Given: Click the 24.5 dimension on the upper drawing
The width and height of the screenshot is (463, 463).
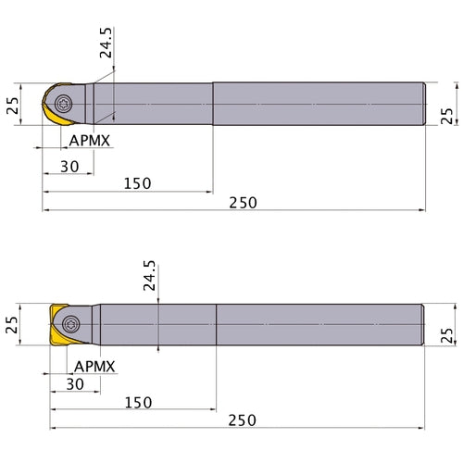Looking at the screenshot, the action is tap(106, 43).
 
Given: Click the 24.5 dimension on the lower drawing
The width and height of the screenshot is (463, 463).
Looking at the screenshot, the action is tap(150, 275).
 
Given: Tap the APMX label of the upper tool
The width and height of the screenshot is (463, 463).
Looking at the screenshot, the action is tap(90, 141).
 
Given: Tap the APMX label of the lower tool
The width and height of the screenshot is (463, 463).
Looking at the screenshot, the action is tap(94, 367).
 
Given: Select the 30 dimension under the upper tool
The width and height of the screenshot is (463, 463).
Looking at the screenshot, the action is tap(69, 167).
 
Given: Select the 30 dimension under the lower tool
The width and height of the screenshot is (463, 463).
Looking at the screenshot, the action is tap(75, 384).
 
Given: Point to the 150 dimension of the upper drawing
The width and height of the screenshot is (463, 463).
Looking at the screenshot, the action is tap(137, 183).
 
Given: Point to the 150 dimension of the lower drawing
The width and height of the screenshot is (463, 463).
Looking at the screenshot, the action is tap(138, 403).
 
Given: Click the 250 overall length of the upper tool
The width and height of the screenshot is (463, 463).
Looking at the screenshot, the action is tap(243, 203).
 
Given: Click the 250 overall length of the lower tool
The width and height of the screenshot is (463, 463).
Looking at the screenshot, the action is tap(243, 420).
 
